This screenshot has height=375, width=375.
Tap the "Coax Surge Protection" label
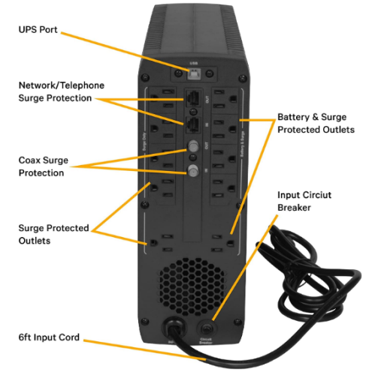49,166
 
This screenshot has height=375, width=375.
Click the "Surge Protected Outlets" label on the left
53,233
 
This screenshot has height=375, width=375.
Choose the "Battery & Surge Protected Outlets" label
315,124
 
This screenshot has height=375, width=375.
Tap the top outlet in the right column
226,98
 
